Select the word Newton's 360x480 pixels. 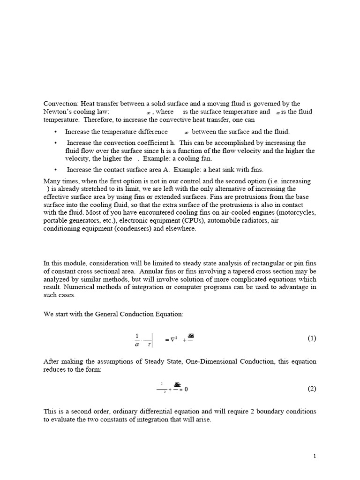(59, 112)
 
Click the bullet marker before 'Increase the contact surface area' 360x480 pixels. (56, 170)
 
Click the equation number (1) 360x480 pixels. (312, 338)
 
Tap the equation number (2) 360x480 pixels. (312, 389)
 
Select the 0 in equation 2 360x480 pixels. (186, 389)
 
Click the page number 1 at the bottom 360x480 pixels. (314, 456)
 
